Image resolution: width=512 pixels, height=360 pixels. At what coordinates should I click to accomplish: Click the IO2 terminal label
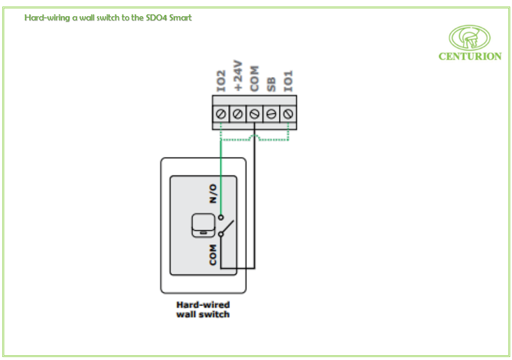[220, 81]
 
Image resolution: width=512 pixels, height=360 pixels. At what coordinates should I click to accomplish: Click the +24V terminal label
[237, 75]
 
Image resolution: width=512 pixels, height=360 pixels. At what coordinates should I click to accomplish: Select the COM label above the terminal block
[255, 78]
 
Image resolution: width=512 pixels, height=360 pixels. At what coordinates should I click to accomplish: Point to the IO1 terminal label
[289, 81]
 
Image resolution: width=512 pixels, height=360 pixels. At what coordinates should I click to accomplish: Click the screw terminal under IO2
[221, 113]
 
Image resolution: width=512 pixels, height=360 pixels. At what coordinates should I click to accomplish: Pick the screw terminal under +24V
[238, 113]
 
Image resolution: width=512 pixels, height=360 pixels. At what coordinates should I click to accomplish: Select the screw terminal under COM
[255, 113]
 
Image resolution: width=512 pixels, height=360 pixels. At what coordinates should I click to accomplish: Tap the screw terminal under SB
[271, 113]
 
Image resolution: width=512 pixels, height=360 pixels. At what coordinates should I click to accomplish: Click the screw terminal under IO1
[288, 113]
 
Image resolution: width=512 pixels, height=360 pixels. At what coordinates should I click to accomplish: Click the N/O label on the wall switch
[213, 194]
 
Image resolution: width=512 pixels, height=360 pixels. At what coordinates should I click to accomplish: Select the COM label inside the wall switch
[213, 255]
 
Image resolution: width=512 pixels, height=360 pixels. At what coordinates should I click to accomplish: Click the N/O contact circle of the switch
[221, 217]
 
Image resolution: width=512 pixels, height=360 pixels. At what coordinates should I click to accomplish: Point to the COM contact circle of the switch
[221, 234]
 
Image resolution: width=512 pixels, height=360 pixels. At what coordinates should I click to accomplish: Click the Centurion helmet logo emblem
[470, 37]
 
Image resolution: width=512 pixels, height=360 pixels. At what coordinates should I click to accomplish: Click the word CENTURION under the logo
[470, 57]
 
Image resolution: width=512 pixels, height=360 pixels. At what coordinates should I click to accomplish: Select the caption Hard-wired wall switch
[203, 309]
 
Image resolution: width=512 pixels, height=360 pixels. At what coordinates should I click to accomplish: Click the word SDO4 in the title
[157, 18]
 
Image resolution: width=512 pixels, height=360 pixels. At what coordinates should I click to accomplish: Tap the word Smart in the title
[181, 18]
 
